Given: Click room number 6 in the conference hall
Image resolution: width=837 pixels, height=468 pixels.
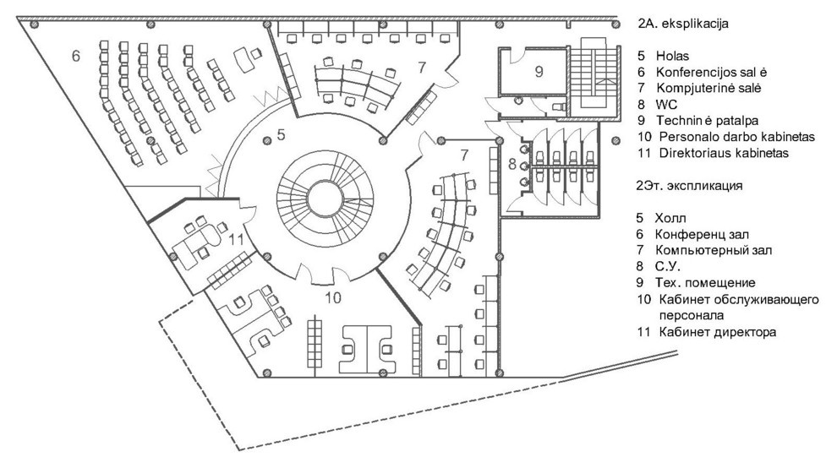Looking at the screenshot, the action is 76,56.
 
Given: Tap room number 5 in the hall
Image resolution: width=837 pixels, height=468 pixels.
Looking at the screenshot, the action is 282,134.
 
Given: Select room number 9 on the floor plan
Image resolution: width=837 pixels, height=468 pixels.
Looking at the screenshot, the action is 539,71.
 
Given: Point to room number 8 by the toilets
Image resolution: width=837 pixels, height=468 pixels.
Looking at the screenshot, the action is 512,164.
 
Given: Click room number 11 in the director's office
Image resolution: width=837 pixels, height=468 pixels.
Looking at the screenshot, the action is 237,239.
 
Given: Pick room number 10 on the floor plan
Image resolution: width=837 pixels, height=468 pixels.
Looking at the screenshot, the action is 332,297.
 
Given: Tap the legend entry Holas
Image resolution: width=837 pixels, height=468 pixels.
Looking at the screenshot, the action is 673,56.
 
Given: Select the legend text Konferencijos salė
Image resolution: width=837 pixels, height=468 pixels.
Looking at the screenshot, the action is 712,72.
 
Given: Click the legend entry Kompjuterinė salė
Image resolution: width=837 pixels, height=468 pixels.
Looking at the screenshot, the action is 708,88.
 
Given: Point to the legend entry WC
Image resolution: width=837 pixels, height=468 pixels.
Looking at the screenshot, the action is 667,105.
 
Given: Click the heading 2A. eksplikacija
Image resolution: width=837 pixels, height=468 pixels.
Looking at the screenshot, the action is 683,24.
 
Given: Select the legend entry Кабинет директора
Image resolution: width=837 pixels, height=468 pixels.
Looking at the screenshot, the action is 718,333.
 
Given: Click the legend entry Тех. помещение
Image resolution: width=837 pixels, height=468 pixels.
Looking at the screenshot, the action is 705,283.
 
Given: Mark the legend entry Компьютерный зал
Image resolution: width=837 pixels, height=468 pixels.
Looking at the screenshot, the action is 714,250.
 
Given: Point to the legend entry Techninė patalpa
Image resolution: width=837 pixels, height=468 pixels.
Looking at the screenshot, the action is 708,121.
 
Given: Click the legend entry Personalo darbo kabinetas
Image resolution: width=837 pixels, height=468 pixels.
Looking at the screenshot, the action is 737,137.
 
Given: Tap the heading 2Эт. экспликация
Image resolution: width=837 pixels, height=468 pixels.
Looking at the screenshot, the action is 689,186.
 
